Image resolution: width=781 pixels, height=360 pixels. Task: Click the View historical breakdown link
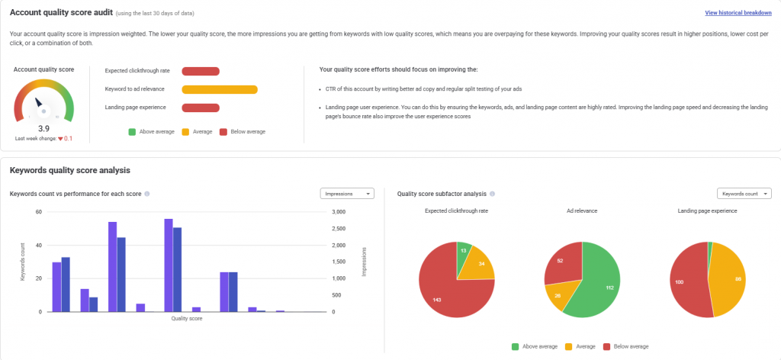[x=738, y=13]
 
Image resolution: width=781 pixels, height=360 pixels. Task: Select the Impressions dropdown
[x=347, y=194]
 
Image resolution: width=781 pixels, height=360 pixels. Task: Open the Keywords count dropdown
[x=744, y=194]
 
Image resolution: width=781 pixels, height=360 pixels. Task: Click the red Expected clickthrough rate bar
[x=201, y=71]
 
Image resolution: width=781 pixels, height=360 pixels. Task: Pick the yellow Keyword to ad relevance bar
[x=220, y=89]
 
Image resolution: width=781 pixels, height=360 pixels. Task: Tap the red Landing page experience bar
[x=201, y=108]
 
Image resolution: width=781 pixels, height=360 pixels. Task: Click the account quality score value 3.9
[x=44, y=129]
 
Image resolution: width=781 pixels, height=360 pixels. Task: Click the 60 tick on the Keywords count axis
[x=38, y=212]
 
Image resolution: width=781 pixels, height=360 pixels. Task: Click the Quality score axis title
[x=187, y=319]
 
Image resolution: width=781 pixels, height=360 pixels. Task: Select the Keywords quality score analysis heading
[x=64, y=169]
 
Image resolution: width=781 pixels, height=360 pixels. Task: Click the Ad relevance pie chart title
[x=582, y=210]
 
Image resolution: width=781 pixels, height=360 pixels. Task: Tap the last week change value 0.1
[x=67, y=138]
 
